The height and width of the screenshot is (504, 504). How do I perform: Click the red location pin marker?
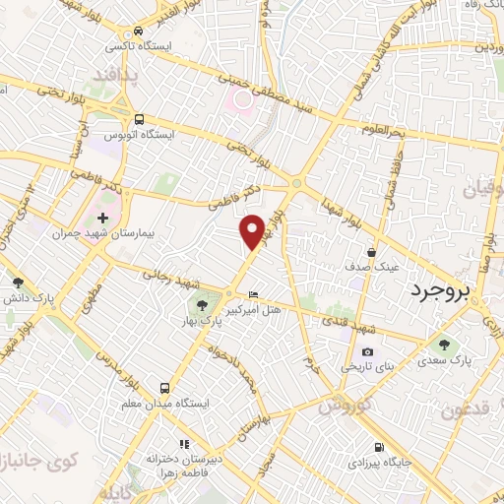coord(253,230)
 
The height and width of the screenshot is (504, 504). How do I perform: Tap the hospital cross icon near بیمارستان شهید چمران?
coord(102,217)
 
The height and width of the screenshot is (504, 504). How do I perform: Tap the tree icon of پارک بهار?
coord(201,305)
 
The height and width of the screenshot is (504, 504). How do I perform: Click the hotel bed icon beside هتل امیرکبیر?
coord(254,294)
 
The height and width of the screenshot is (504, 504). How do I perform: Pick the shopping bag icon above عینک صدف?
coord(371,251)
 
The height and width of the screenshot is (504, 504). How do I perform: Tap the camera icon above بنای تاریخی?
coord(367,351)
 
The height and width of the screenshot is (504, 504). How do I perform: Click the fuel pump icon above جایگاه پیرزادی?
coord(381,446)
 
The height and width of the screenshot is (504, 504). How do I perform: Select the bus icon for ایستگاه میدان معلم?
coord(163,388)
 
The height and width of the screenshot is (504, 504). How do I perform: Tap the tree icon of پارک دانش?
coord(17,282)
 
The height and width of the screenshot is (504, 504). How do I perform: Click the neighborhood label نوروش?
coord(344,406)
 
